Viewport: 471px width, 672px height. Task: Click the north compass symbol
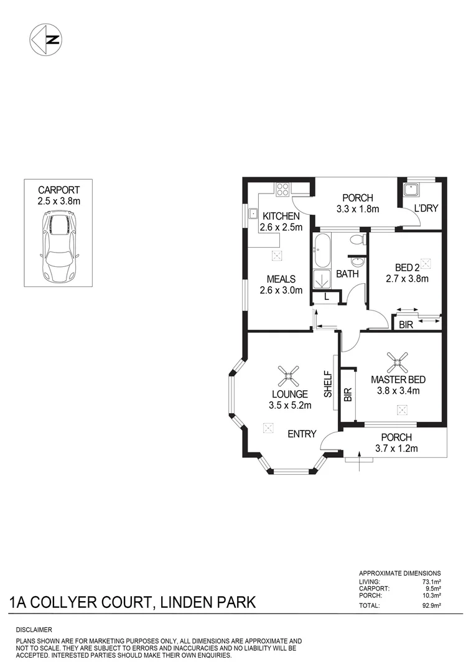click(46, 40)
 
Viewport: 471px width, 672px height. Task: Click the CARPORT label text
click(59, 190)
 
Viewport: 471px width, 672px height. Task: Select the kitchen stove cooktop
click(283, 188)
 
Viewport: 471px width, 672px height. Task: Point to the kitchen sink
click(253, 215)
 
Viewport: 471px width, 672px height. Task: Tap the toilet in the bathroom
click(357, 240)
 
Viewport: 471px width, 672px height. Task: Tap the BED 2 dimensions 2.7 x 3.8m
click(408, 279)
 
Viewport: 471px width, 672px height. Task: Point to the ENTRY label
click(302, 434)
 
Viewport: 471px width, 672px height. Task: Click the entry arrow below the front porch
click(359, 464)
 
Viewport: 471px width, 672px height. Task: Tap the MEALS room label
click(281, 279)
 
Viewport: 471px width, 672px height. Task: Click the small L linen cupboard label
click(327, 297)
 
